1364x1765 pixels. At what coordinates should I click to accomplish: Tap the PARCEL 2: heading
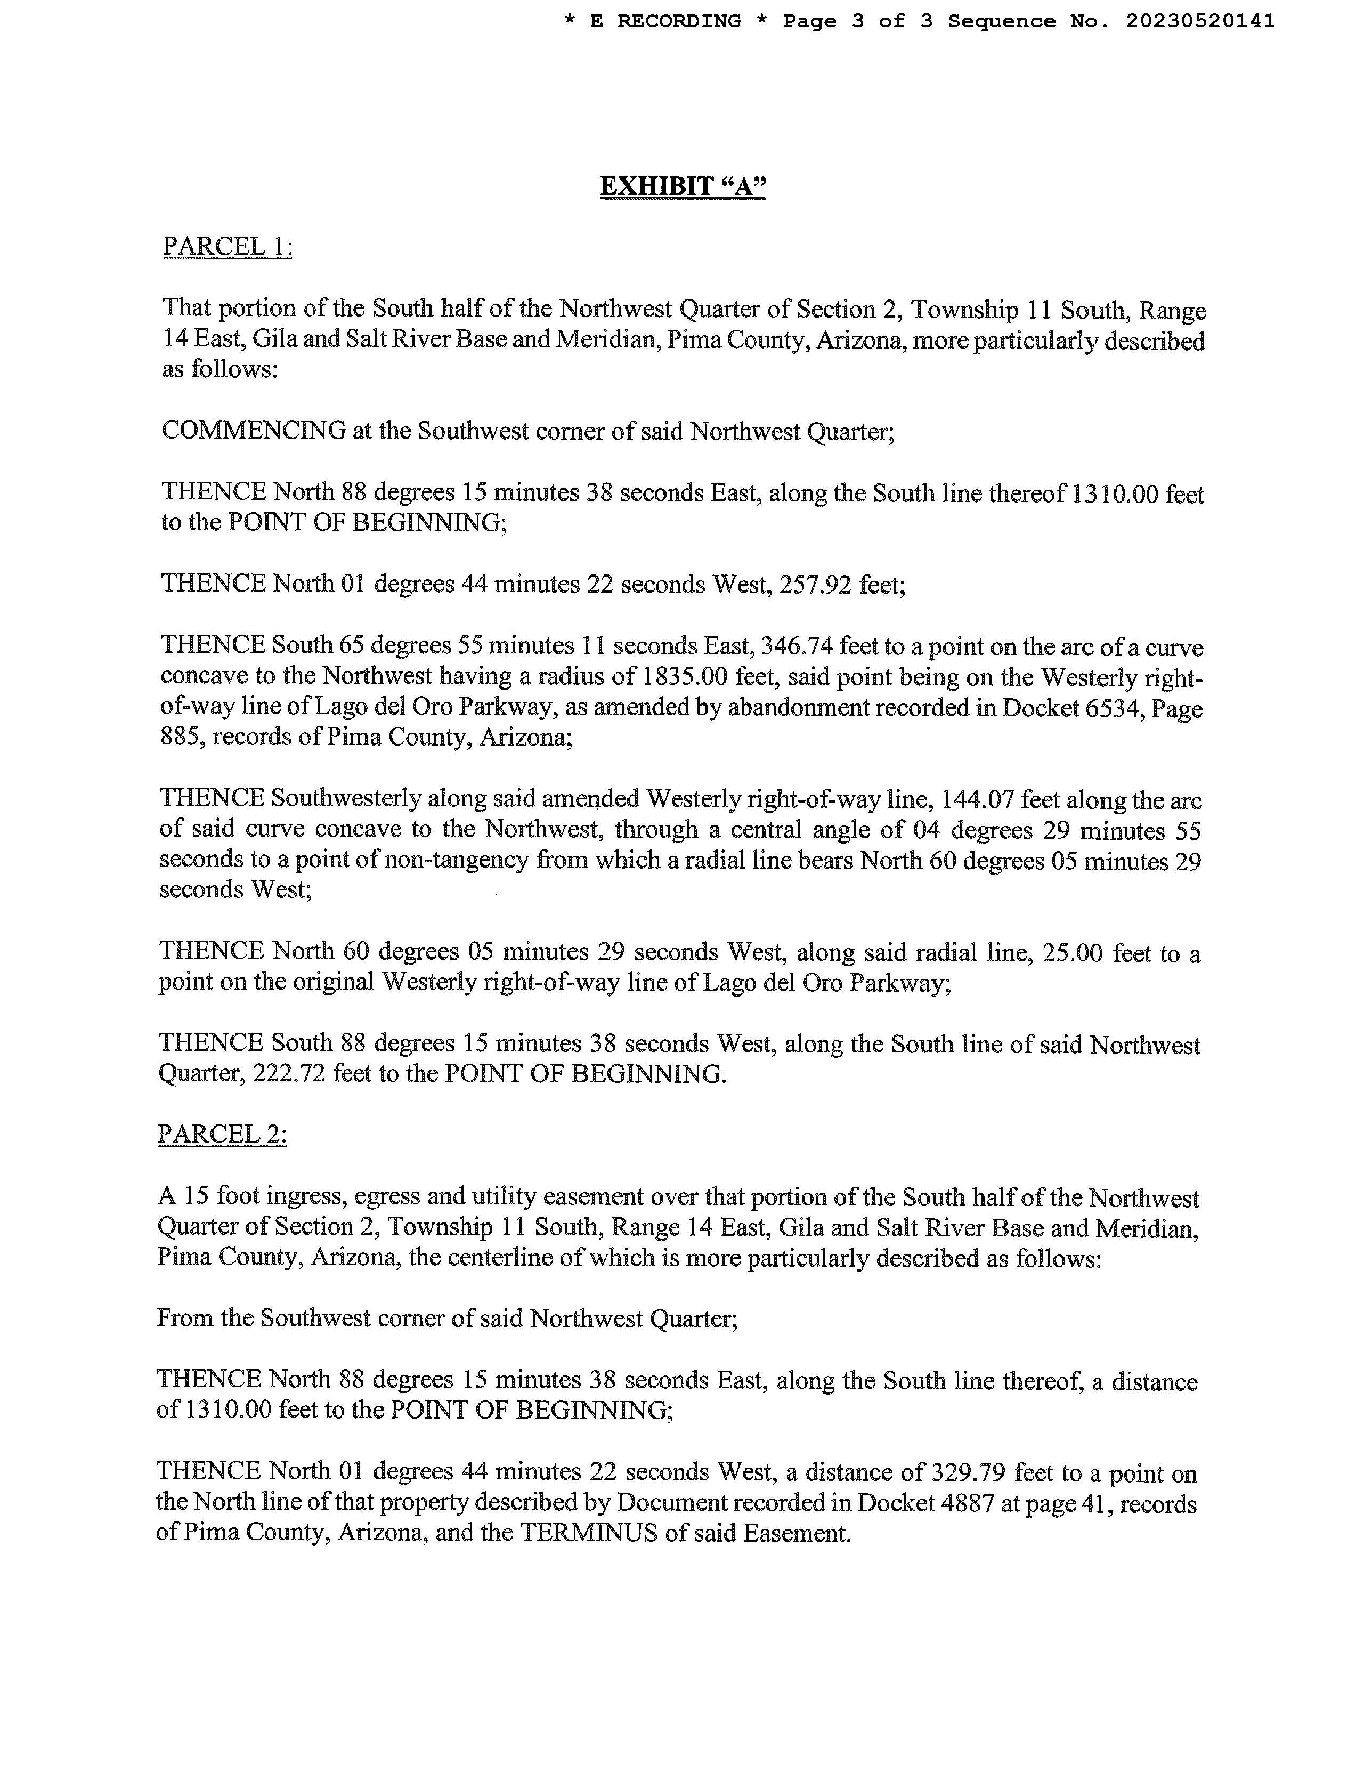pos(222,1134)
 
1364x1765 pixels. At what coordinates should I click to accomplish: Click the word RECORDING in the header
pos(679,21)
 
